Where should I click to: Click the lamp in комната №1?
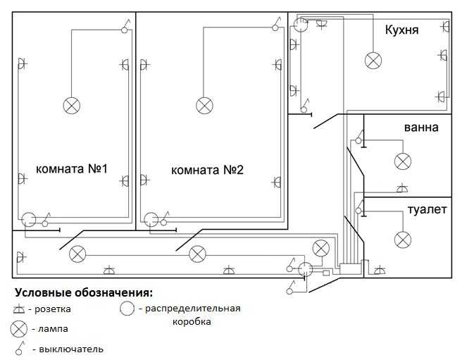[x=72, y=106]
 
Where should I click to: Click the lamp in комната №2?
[x=204, y=106]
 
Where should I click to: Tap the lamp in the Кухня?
[x=373, y=61]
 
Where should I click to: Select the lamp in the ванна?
[x=403, y=161]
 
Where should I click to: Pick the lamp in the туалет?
[x=403, y=240]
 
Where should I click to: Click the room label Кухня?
[x=401, y=30]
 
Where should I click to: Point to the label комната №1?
[x=72, y=169]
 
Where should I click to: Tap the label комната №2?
[x=207, y=170]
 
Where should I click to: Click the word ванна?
[x=421, y=128]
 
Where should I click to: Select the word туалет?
[x=427, y=209]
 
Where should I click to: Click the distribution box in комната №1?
[x=29, y=219]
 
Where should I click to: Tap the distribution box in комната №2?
[x=151, y=220]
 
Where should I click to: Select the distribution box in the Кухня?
[x=301, y=25]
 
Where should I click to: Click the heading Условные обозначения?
[x=84, y=292]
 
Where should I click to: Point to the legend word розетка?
[x=53, y=309]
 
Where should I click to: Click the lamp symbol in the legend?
[x=19, y=329]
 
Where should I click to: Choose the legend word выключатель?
[x=71, y=349]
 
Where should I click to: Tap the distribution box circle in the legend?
[x=127, y=309]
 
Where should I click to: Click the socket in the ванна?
[x=402, y=188]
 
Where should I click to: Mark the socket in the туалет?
[x=380, y=270]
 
